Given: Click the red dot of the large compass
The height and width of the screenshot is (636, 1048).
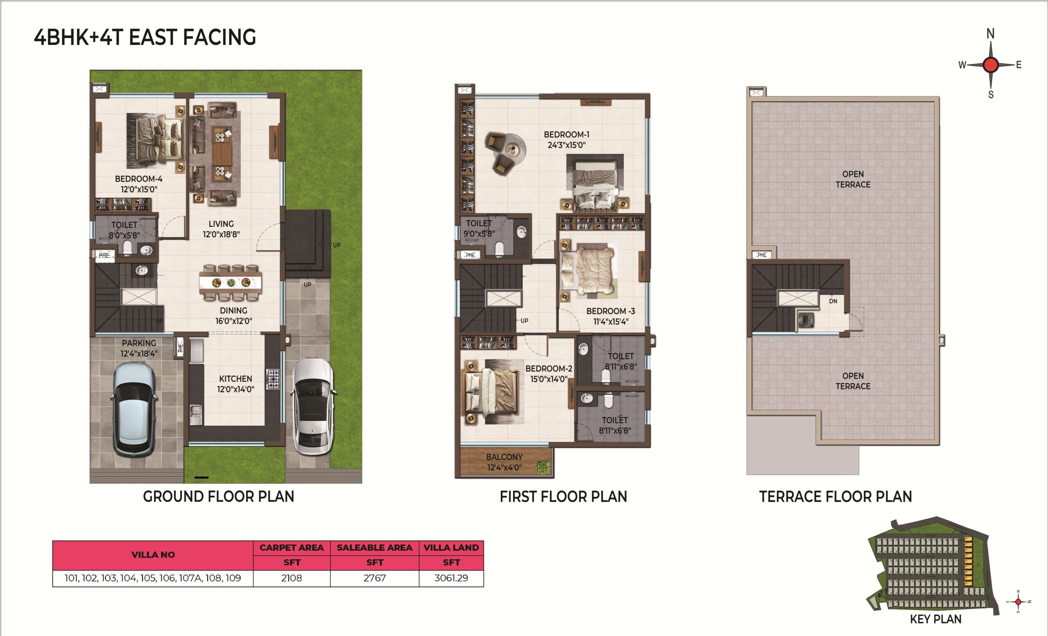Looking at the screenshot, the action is pos(991,65).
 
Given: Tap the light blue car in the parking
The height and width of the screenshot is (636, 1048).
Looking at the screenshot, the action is pos(133,408).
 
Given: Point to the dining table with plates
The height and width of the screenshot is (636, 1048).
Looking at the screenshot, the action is pos(230,283).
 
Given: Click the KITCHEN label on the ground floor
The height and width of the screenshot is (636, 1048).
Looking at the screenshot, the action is pos(236,379).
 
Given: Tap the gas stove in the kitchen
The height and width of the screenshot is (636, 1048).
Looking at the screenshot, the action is pos(273,379).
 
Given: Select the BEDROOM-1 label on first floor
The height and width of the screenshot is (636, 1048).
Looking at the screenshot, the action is pos(567,135).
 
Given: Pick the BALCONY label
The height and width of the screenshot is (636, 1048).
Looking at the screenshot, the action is pos(504,457).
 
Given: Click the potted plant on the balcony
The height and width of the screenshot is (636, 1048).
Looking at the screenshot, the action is pos(543,467).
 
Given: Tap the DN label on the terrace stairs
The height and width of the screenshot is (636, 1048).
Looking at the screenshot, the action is pos(833,301).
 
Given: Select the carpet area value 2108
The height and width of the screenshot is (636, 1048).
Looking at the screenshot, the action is pos(291,578).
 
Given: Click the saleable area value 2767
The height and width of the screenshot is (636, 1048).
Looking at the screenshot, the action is pos(375,578).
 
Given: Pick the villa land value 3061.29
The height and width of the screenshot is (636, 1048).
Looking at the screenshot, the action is pos(451,578).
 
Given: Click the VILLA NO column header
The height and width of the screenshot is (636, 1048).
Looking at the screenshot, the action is pos(153,555).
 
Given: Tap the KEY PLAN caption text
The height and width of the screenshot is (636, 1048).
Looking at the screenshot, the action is pos(936,619).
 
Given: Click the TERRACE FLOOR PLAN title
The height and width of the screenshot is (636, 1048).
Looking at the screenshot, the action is pos(836,496).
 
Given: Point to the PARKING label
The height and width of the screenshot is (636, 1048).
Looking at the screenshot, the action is pos(139,343).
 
